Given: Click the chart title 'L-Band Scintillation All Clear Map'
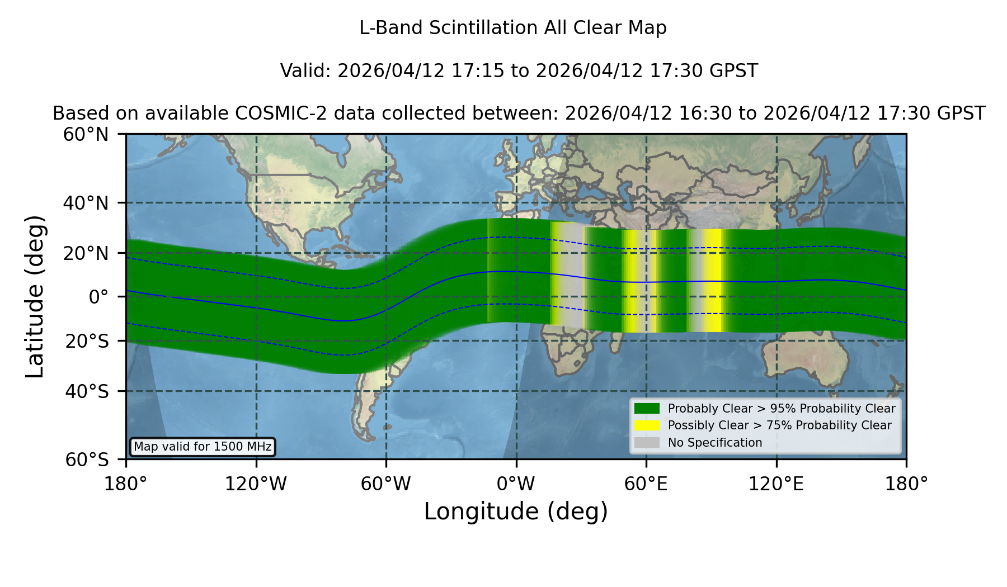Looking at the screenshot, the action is [513, 28].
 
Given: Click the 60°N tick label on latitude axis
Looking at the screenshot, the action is [86, 135].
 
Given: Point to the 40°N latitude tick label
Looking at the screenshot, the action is [86, 203].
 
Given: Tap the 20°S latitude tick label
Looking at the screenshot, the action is [87, 341].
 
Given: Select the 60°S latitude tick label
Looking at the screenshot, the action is [87, 460].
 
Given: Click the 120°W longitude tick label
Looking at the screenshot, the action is [256, 484].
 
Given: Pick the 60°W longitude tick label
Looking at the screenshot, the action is [386, 484].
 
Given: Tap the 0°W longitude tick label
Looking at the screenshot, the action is [516, 484].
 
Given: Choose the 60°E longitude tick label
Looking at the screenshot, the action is [646, 484].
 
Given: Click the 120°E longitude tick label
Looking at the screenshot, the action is [777, 484].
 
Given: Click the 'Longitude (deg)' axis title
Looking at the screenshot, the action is [516, 512].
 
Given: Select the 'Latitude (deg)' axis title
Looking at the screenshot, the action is [35, 296].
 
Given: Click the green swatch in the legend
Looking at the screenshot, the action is [647, 409].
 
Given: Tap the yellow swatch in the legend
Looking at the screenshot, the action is [647, 425].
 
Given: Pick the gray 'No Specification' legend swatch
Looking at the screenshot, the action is [647, 443].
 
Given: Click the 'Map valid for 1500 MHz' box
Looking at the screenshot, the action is [203, 447].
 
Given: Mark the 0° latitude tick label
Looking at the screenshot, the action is [98, 297].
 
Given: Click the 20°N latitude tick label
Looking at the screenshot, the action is [86, 253].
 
